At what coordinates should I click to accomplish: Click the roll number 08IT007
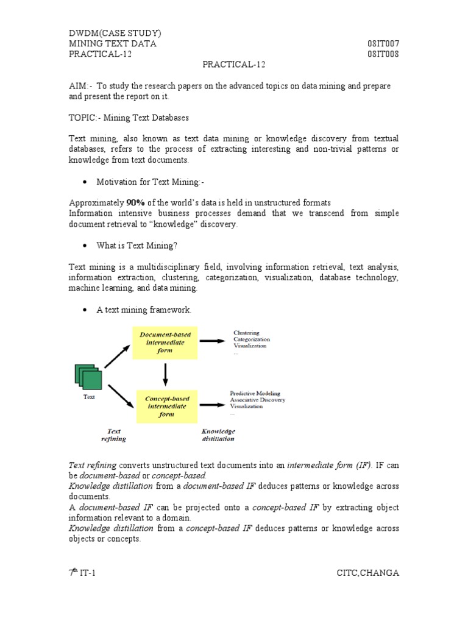[x=383, y=43]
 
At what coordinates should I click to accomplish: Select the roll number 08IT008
[x=383, y=54]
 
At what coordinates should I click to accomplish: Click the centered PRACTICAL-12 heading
[x=234, y=64]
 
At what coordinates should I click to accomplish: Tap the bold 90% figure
[x=135, y=202]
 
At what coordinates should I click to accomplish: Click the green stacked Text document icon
[x=88, y=377]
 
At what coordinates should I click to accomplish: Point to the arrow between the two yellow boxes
[x=166, y=374]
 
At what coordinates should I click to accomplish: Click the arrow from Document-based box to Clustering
[x=211, y=341]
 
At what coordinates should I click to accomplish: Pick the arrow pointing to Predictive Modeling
[x=211, y=404]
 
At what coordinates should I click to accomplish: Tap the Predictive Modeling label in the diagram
[x=255, y=394]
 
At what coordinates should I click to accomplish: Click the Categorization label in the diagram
[x=252, y=339]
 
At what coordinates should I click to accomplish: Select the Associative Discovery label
[x=257, y=400]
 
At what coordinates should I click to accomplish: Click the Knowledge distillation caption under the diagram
[x=218, y=434]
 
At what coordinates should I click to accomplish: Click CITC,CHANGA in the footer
[x=367, y=572]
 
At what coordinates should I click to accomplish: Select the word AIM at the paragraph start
[x=77, y=86]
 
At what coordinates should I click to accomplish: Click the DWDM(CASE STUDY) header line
[x=115, y=33]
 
